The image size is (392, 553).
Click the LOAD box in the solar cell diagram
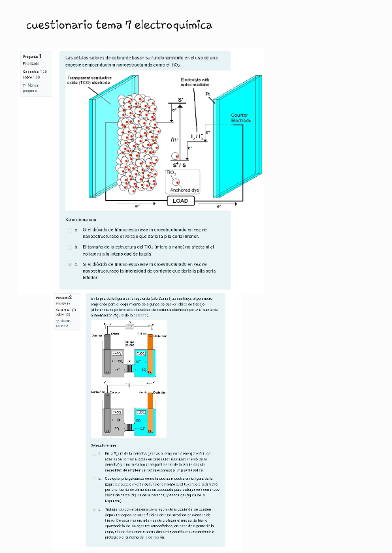180,201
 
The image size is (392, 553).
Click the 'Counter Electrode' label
240,118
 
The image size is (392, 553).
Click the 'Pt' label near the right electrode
208,94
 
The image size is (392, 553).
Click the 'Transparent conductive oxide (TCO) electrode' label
89,80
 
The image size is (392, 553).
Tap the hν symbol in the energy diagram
174,139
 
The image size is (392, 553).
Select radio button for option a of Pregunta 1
70,230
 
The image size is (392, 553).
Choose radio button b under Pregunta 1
70,248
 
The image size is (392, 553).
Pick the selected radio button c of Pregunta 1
70,265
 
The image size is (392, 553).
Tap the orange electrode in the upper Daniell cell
150,351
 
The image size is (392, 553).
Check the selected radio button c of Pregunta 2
94,509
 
